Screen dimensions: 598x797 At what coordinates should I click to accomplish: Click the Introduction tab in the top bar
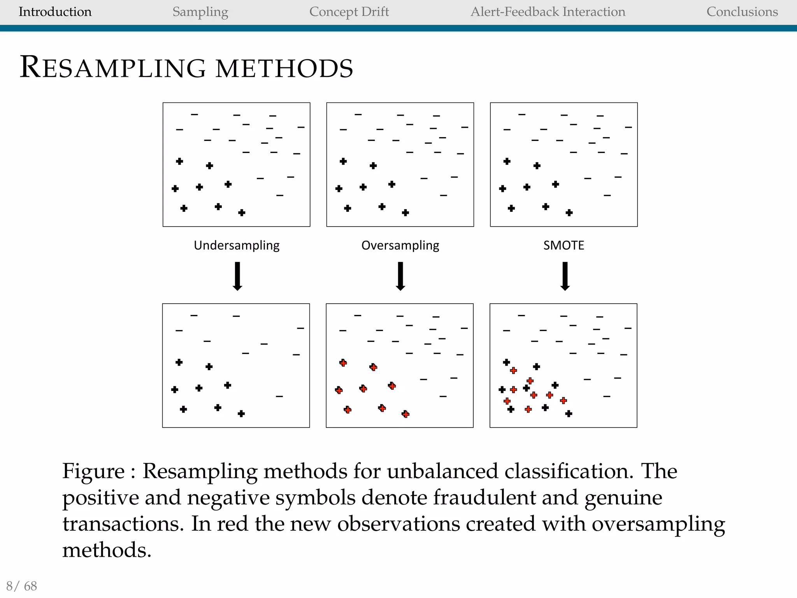pyautogui.click(x=55, y=12)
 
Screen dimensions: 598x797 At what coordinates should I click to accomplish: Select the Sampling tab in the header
pyautogui.click(x=200, y=12)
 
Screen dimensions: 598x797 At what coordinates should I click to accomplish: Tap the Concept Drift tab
pyautogui.click(x=349, y=12)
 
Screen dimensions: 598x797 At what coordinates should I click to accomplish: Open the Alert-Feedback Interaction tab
pyautogui.click(x=548, y=12)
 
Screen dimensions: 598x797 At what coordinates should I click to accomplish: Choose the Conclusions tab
pyautogui.click(x=742, y=12)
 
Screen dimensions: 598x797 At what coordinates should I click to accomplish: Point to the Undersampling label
pyautogui.click(x=237, y=245)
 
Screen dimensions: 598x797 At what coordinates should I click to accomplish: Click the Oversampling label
pyautogui.click(x=400, y=245)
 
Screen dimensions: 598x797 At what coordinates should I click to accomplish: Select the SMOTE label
pyautogui.click(x=564, y=245)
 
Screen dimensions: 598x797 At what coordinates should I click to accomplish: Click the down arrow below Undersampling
pyautogui.click(x=237, y=276)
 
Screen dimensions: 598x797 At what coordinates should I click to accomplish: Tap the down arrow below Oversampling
pyautogui.click(x=400, y=276)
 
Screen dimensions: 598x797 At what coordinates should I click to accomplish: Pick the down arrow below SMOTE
pyautogui.click(x=565, y=276)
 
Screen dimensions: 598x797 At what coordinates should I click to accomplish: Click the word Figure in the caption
pyautogui.click(x=93, y=471)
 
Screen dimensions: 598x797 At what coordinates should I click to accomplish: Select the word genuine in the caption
pyautogui.click(x=623, y=498)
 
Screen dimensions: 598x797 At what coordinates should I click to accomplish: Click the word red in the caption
pyautogui.click(x=232, y=524)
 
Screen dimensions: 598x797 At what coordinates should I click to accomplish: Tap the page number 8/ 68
pyautogui.click(x=22, y=586)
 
